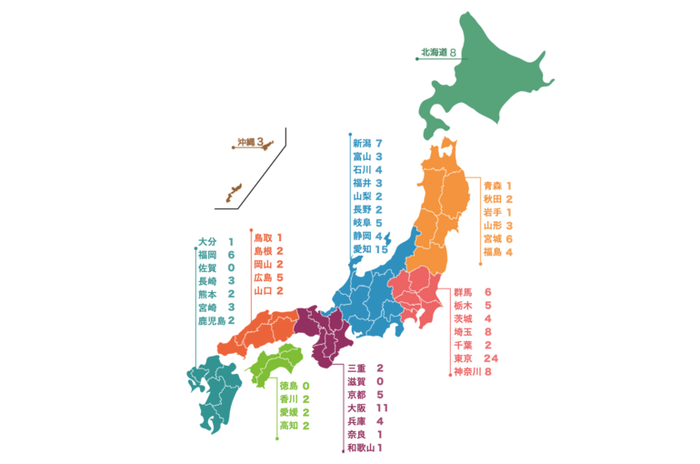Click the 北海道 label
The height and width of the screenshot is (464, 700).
click(432, 54)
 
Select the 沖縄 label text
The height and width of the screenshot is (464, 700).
click(245, 141)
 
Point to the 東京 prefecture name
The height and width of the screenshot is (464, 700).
click(464, 358)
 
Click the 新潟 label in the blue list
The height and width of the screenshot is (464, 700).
click(362, 144)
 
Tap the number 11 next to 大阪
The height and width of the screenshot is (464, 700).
click(381, 409)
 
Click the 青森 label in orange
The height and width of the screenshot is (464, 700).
click(492, 185)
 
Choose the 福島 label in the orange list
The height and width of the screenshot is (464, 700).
click(492, 251)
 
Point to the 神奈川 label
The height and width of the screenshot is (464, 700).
click(467, 372)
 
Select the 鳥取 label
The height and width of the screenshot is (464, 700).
click(262, 237)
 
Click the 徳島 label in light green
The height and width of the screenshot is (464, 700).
click(287, 386)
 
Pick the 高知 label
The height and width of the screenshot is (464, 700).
click(287, 426)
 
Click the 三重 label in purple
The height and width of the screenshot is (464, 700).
click(356, 368)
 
